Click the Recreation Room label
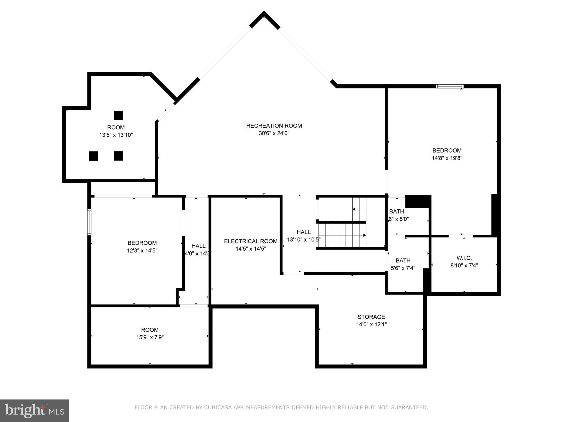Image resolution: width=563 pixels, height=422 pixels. [x=274, y=126]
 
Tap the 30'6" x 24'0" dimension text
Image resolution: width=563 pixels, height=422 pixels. [x=274, y=134]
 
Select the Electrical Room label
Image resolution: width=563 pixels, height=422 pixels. [x=250, y=241]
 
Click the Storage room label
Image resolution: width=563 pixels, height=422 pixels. [x=371, y=317]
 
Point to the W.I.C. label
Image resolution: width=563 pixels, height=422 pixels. [x=464, y=258]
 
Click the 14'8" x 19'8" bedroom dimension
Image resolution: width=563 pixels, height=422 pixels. [x=447, y=158]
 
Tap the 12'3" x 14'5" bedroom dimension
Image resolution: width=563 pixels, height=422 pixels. [x=142, y=251]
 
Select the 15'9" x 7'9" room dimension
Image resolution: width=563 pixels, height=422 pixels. [x=150, y=337]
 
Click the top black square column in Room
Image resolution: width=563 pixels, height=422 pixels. [x=118, y=115]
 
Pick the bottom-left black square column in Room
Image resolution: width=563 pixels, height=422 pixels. [x=93, y=156]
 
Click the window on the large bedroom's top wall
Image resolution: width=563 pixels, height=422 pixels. [x=449, y=86]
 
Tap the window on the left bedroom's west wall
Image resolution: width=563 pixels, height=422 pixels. [x=89, y=222]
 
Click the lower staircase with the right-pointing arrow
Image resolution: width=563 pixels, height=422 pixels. [x=342, y=235]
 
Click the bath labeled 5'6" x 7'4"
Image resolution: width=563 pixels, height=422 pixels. [x=403, y=264]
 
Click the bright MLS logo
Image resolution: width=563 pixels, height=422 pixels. [x=34, y=410]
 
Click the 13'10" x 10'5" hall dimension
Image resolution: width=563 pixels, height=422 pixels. [x=303, y=240]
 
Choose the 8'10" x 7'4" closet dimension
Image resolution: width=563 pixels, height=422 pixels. [x=464, y=266]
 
